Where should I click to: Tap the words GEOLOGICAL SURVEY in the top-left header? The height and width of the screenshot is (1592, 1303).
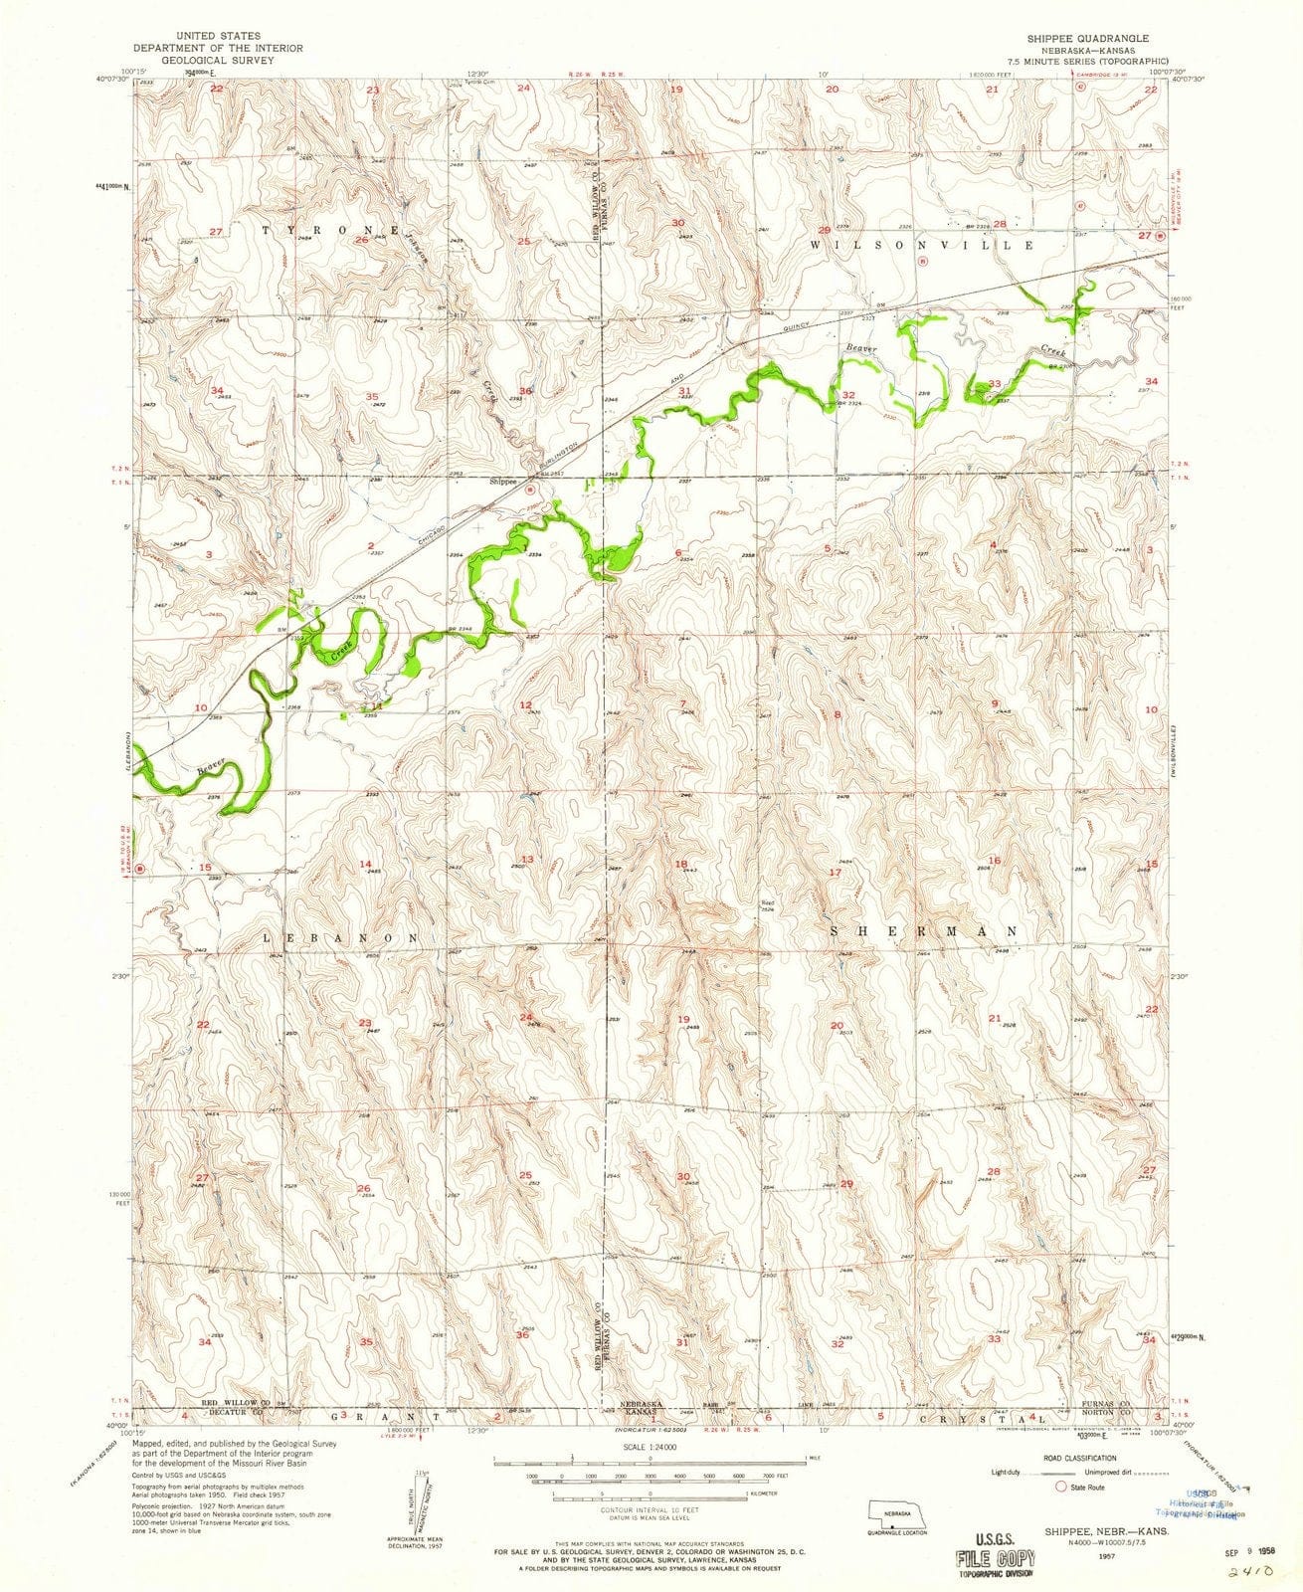pos(219,59)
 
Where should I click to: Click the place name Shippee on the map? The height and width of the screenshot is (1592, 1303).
pos(504,482)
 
